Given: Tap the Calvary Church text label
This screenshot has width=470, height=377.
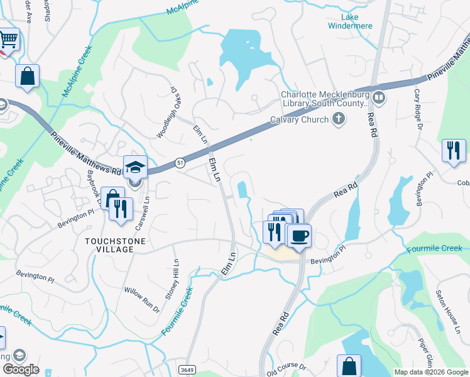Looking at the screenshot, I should point(299,119).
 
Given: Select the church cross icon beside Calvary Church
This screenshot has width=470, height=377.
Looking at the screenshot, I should point(339,119).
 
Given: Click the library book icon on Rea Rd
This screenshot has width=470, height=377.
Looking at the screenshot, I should point(379,97).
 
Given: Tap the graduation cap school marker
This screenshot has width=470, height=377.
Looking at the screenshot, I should point(135,167).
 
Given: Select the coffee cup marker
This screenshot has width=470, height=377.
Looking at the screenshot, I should point(298,236).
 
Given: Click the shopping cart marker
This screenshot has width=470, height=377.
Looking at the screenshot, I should point(8,40).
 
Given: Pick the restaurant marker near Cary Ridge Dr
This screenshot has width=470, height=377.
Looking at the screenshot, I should point(454,151).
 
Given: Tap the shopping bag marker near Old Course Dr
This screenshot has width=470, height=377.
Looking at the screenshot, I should point(349,366).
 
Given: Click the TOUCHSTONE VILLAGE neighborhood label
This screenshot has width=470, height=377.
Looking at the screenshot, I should point(111,245).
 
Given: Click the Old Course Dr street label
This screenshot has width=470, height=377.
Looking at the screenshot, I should point(286,366).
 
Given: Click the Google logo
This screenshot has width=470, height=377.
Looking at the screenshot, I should point(20,369).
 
